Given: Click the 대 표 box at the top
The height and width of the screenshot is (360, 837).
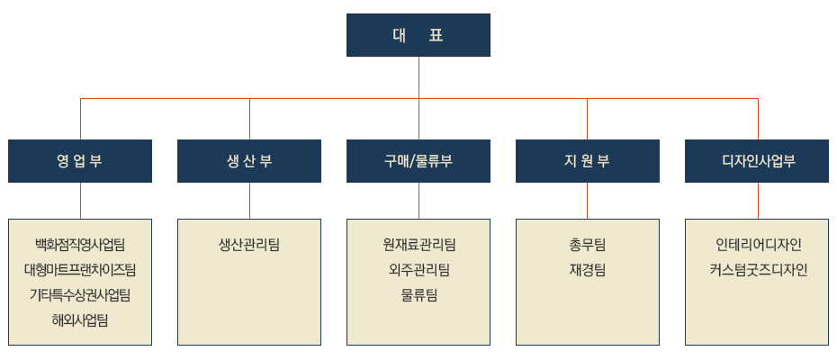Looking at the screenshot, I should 418,35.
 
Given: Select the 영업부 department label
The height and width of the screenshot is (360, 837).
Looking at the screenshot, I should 79,161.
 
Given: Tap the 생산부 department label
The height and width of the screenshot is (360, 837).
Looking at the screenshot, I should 249,161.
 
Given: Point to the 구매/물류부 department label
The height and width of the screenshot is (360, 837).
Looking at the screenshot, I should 418,161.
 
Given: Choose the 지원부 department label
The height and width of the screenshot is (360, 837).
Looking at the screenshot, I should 587,161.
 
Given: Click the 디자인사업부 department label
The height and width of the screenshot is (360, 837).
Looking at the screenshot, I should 759,161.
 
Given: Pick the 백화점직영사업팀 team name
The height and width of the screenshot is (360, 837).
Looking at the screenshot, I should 80,244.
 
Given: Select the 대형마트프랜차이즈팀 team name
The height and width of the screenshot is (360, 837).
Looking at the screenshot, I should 80,269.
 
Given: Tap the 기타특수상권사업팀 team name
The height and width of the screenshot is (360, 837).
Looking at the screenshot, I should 80,294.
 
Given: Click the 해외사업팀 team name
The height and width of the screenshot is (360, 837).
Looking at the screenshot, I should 80,319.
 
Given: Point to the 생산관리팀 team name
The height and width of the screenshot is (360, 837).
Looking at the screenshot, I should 249,244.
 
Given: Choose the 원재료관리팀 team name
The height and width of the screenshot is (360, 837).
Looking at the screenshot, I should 418,244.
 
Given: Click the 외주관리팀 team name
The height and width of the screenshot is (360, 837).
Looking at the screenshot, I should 418,269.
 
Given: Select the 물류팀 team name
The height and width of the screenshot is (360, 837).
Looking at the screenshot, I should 418,294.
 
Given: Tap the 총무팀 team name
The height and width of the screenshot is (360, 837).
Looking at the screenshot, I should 587,244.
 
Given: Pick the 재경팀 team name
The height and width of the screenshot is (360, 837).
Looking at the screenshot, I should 587,269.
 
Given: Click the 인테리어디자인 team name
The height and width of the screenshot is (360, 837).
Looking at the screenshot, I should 759,244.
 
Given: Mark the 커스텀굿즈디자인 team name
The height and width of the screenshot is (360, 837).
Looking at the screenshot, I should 759,269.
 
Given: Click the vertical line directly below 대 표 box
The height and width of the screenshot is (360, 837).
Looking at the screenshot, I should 419,76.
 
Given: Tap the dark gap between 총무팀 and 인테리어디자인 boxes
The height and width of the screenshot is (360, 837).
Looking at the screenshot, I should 672,282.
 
